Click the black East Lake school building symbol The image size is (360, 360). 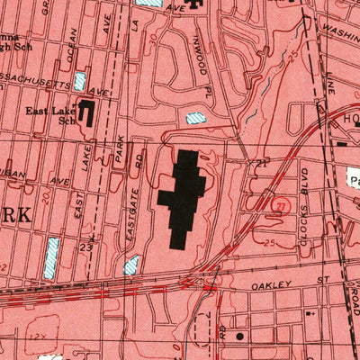(x=88, y=113)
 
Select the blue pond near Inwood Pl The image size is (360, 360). (x=195, y=118)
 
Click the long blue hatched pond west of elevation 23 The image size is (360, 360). (x=52, y=256)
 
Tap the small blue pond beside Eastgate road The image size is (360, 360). (x=132, y=265)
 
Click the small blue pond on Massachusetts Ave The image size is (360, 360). (x=80, y=81)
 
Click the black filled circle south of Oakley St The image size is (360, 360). (x=240, y=337)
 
